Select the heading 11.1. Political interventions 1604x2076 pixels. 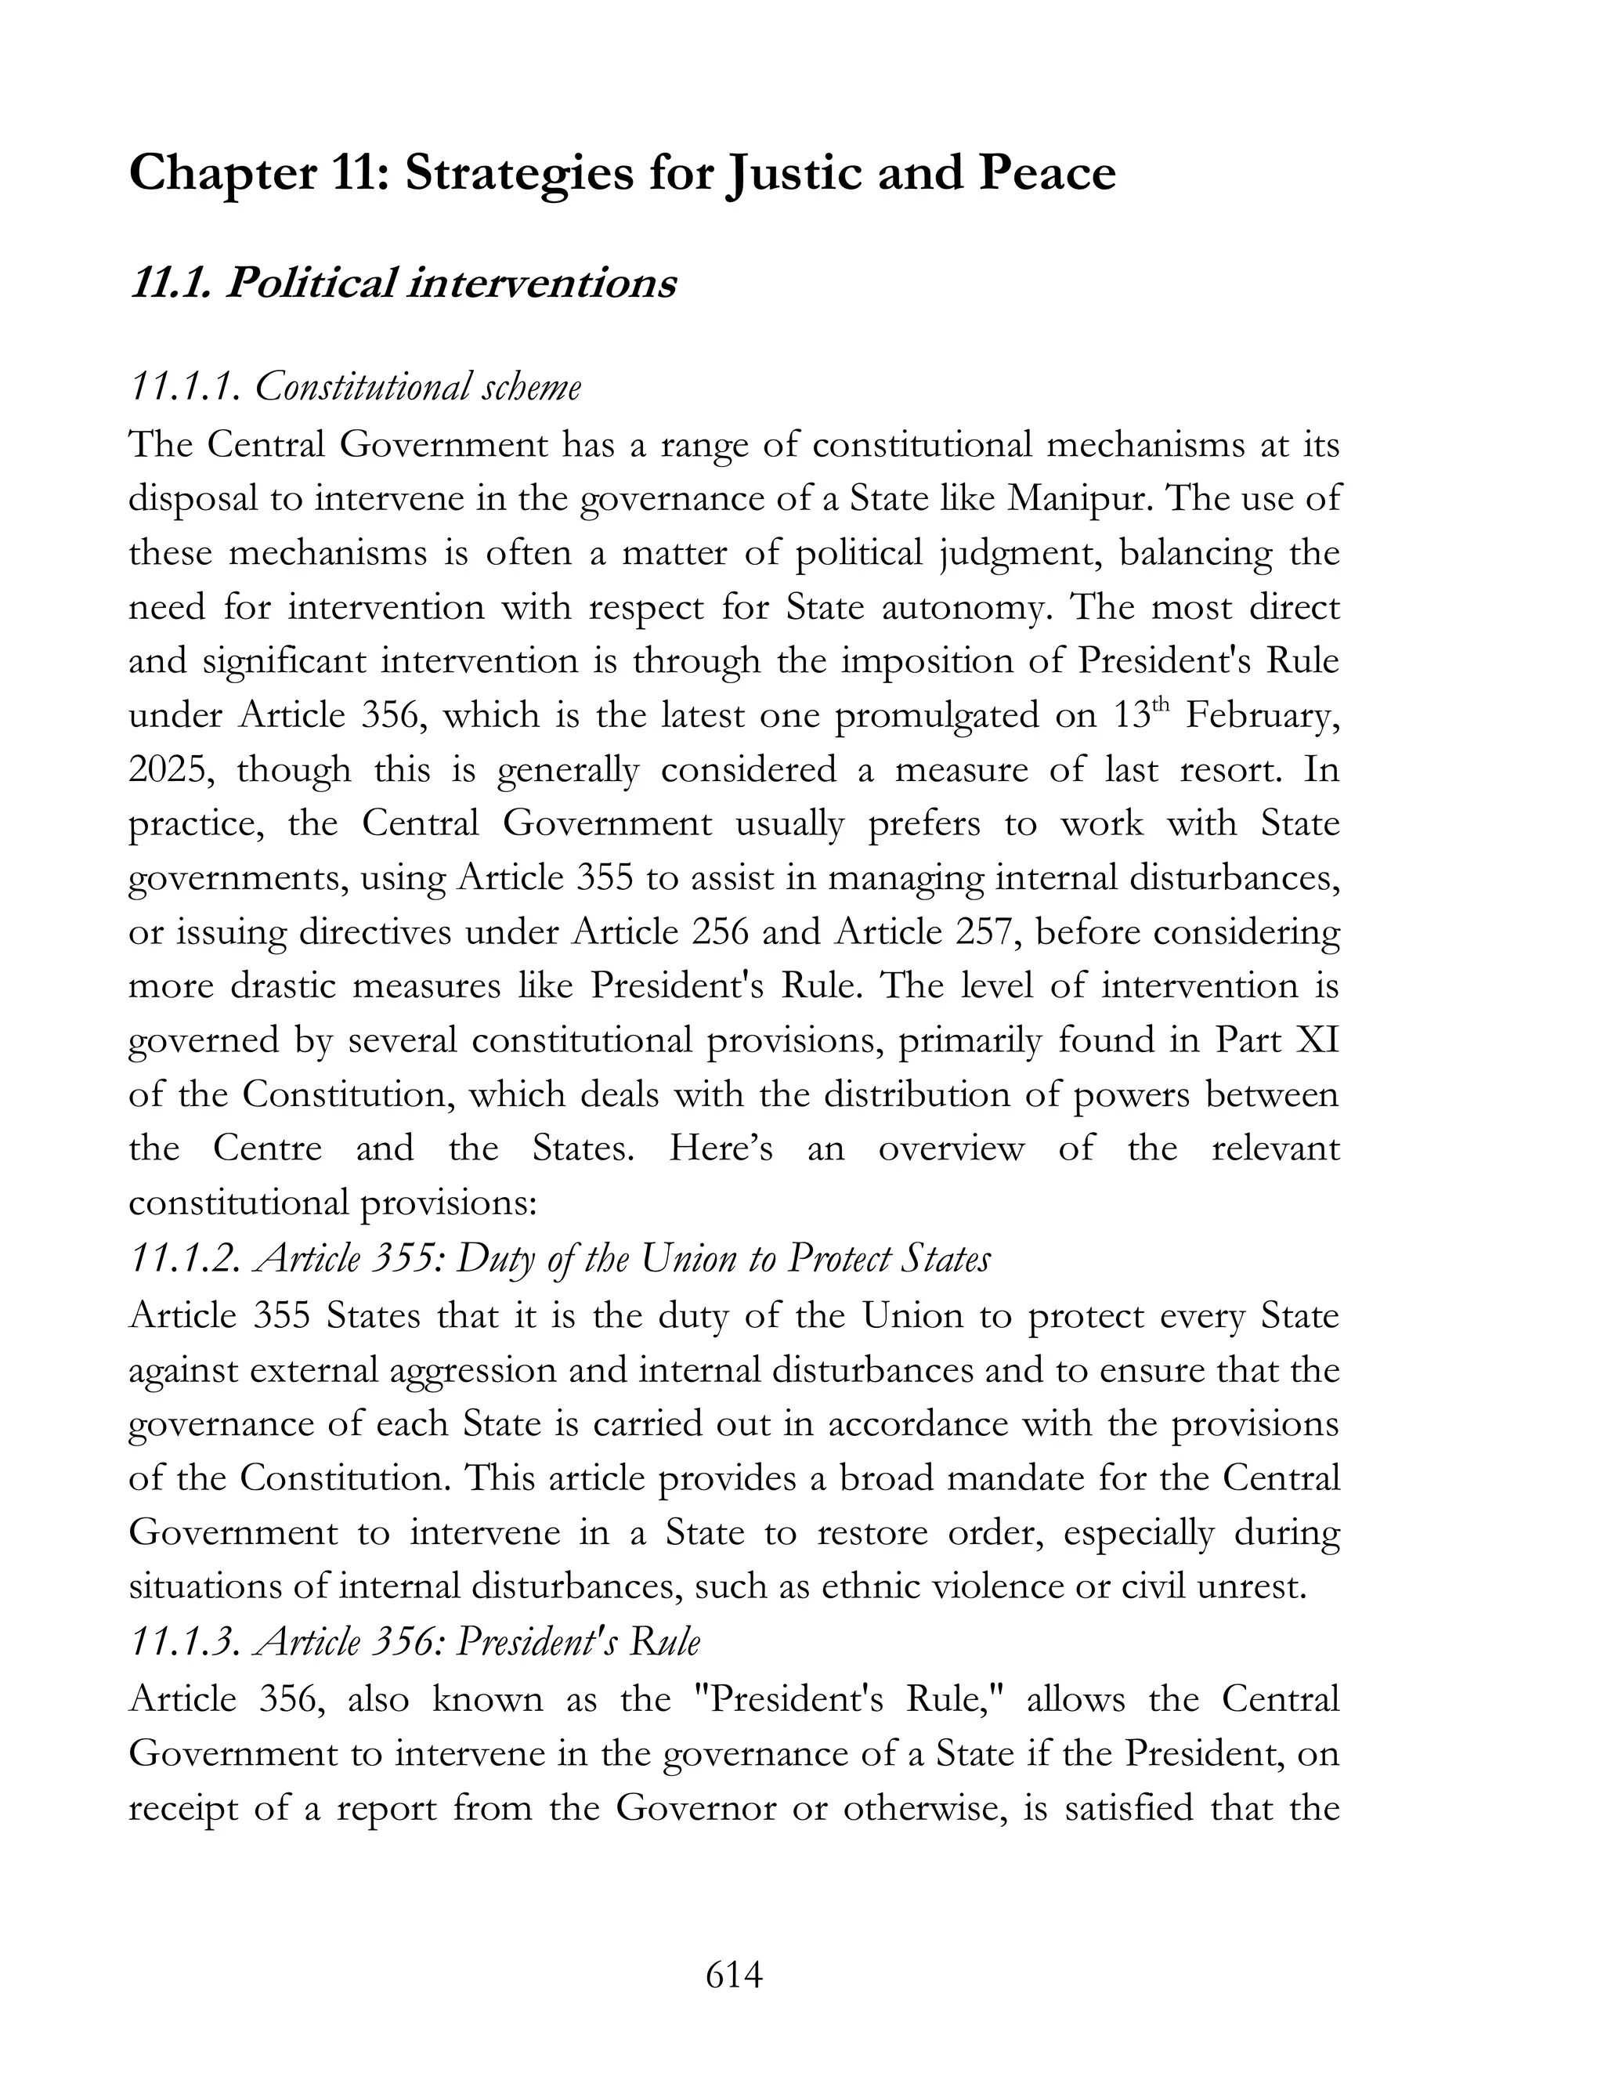pos(402,284)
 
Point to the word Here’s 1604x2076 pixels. pos(721,1149)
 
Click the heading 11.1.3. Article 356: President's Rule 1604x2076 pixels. pos(415,1641)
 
